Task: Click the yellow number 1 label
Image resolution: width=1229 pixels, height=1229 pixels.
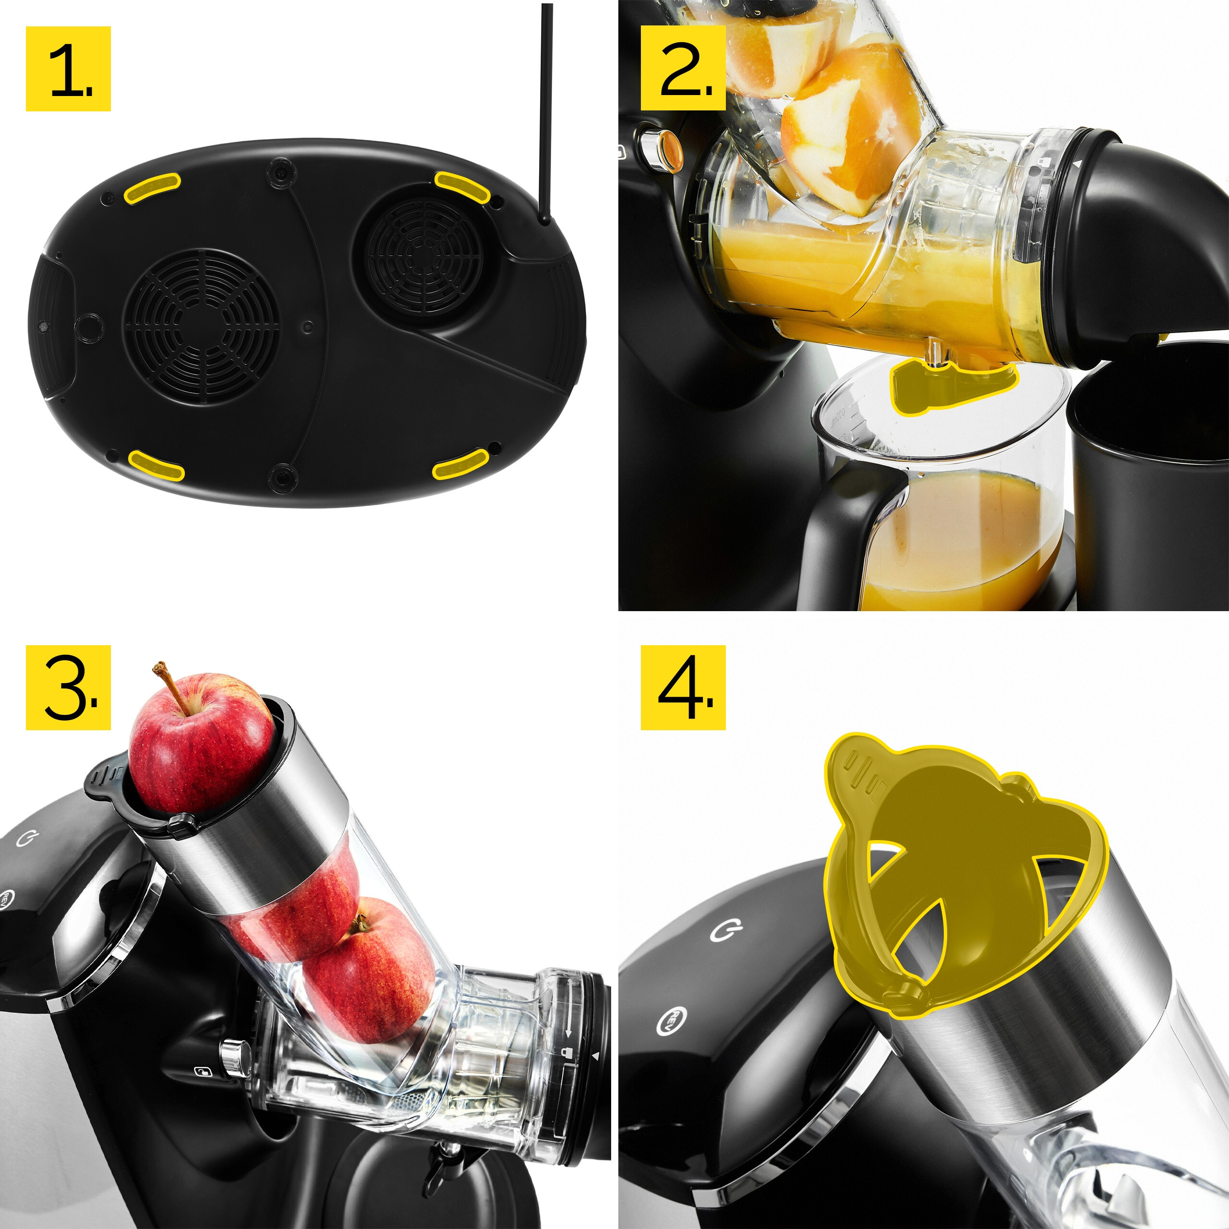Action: click(68, 69)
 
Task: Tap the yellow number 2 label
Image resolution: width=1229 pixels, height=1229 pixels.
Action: click(683, 68)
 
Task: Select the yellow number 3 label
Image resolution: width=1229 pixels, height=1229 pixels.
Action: click(68, 687)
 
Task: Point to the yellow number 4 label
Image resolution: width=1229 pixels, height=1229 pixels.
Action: click(683, 687)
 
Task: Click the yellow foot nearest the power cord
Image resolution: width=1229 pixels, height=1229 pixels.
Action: click(461, 186)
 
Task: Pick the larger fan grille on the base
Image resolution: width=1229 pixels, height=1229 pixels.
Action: click(202, 325)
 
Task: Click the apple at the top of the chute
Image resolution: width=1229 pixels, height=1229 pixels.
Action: click(200, 744)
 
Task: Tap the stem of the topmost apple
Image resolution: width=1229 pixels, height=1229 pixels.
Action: click(172, 687)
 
